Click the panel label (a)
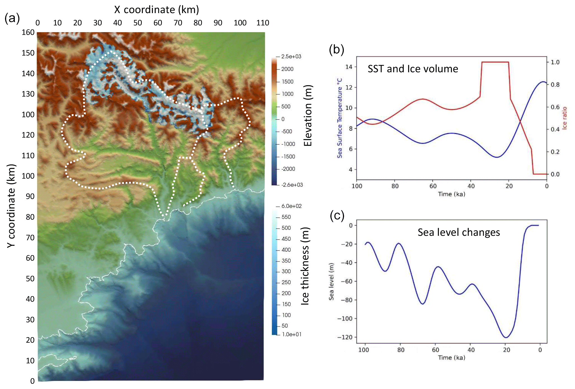[12, 18]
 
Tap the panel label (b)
[336, 50]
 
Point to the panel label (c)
[337, 216]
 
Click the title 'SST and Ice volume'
[413, 69]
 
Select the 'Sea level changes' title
[459, 232]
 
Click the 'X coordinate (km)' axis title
[156, 10]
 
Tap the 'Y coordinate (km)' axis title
[11, 206]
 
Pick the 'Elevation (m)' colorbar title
[308, 116]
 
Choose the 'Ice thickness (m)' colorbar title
[305, 266]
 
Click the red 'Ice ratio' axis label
[564, 118]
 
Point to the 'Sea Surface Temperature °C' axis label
[340, 118]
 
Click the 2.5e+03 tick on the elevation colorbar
[291, 57]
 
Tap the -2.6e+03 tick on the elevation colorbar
[292, 185]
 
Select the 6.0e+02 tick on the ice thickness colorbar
[292, 206]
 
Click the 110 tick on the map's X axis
[263, 23]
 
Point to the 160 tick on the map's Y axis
[28, 32]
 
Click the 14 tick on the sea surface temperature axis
[349, 67]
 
